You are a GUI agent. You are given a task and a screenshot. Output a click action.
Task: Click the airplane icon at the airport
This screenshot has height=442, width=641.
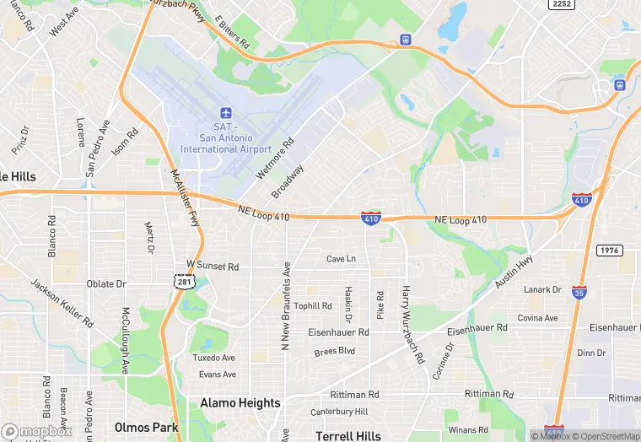coord(224,113)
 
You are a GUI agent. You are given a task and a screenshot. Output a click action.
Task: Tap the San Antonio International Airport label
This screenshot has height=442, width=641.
coord(225,137)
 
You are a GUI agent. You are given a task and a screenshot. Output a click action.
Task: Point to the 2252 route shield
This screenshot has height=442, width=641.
coord(562,4)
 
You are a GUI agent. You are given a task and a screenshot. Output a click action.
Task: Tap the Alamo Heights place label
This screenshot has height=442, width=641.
coord(240,403)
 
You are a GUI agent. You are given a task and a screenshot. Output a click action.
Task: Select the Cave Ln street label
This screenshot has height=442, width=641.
coord(342,258)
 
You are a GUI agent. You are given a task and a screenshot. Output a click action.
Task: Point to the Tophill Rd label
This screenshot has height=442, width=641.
coord(313,305)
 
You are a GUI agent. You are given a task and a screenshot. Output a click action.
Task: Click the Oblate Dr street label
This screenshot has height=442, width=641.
coord(106,284)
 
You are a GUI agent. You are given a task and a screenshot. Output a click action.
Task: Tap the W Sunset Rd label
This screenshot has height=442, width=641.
coord(213,266)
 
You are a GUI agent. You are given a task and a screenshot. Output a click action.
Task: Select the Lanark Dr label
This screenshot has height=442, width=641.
coord(542,289)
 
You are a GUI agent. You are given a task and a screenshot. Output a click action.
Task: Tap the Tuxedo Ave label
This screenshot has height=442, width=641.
coord(214,358)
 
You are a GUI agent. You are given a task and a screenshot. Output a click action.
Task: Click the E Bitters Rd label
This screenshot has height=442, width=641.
coord(232,30)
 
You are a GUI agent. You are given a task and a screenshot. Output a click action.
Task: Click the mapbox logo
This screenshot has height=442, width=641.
coord(37,430)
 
